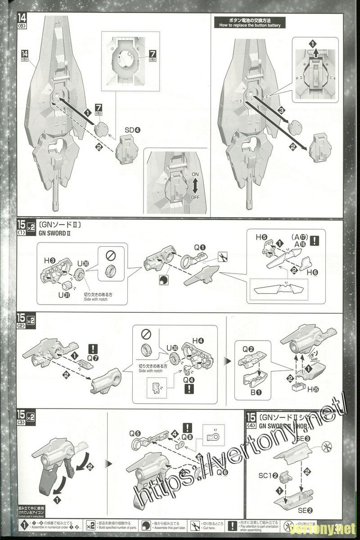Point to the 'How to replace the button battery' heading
250,22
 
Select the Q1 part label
199,247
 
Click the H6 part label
313,273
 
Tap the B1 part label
256,392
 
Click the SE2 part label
305,511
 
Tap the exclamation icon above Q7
93,348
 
